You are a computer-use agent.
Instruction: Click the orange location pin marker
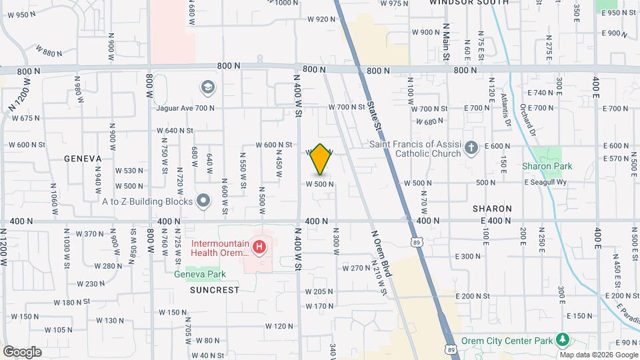point(321,159)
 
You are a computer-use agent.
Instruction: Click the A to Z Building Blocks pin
point(204,201)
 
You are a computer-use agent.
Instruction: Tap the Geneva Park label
point(200,274)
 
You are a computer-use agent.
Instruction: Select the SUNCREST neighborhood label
point(214,290)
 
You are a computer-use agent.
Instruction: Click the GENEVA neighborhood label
point(83,159)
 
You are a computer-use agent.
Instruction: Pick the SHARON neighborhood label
point(492,209)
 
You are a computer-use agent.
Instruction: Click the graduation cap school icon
point(207,87)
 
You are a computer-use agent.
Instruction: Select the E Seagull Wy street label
point(544,183)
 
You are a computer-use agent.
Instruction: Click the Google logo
point(22,352)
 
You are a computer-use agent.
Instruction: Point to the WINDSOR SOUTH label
point(469,3)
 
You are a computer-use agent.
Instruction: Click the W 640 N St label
point(175,131)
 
